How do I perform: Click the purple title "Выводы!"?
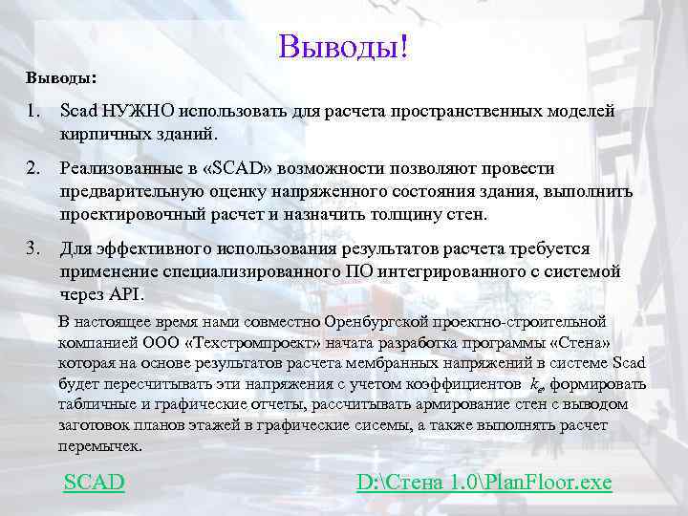click(343, 45)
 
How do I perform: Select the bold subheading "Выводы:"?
click(61, 75)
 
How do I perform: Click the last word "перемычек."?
click(99, 445)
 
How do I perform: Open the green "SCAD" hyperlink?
click(94, 482)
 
